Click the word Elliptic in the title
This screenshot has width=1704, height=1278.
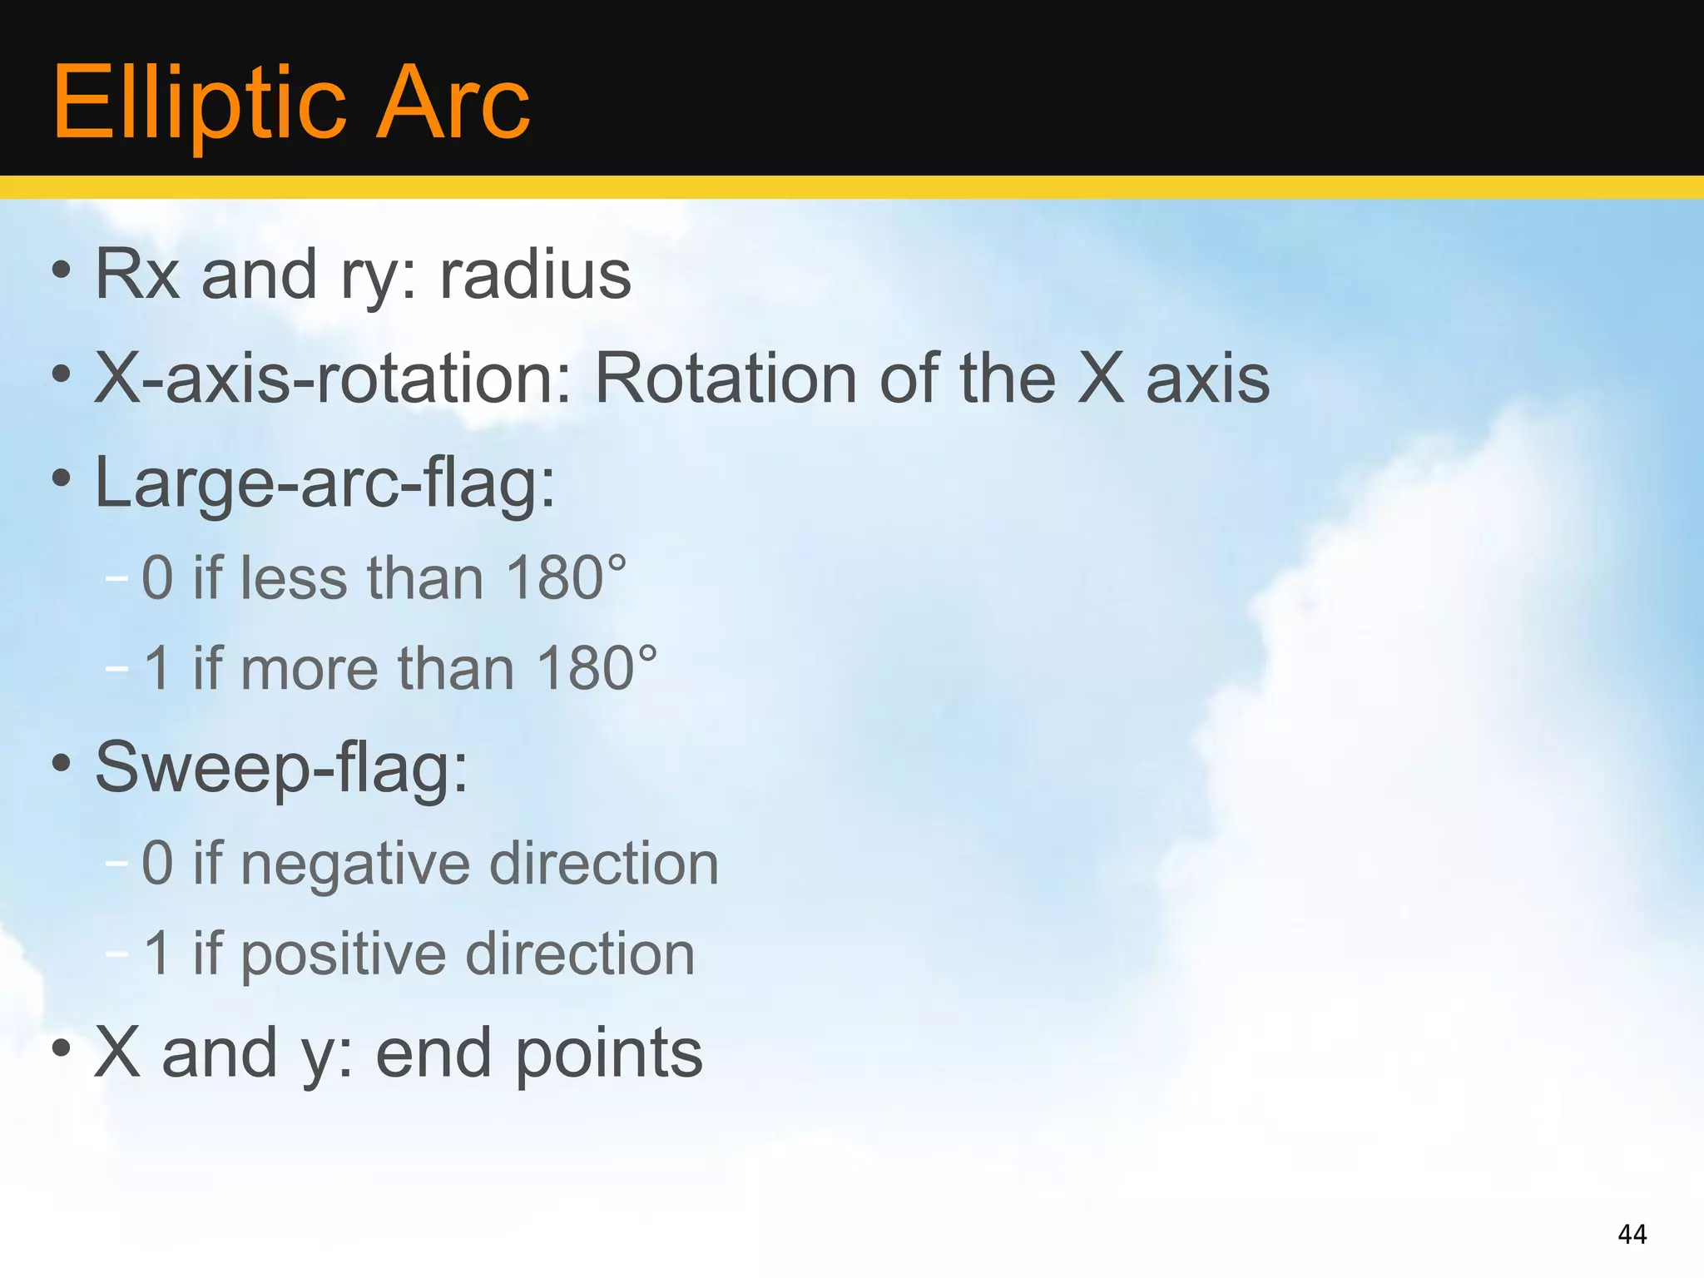coord(198,104)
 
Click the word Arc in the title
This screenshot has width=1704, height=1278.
coord(453,104)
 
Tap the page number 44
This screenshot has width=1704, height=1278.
coord(1632,1234)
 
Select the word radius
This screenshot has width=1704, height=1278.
coord(535,275)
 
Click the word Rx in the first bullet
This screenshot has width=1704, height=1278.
coord(137,275)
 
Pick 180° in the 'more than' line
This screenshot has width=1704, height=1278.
coord(596,668)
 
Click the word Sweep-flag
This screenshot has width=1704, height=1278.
coord(280,767)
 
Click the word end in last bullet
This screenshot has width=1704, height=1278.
coord(433,1053)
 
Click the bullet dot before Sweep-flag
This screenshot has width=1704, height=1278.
coord(61,762)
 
